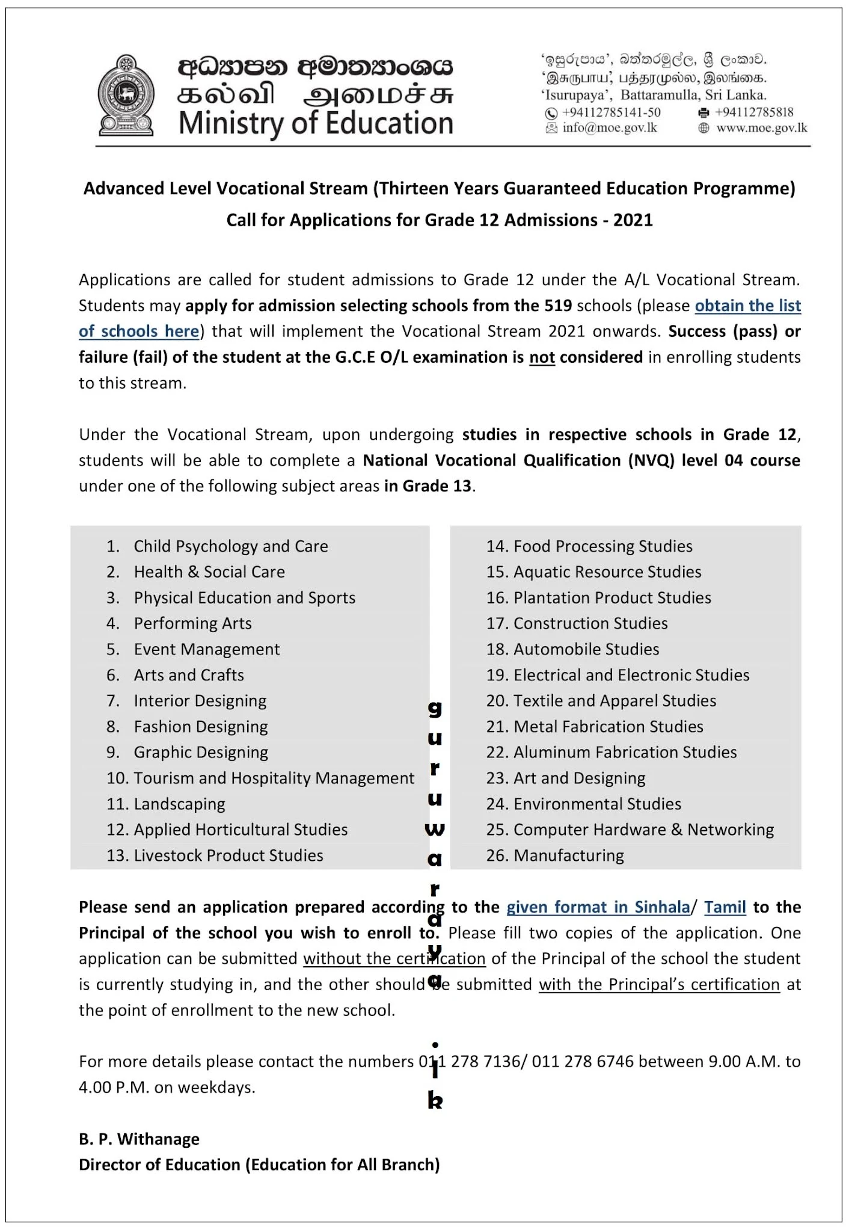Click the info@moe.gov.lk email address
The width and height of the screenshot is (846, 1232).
click(x=609, y=128)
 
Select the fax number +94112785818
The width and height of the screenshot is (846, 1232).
click(x=754, y=112)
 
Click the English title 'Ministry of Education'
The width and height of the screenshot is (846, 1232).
click(x=316, y=123)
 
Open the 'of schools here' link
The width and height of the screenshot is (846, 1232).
click(x=139, y=332)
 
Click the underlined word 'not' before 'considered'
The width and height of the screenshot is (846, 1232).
click(x=542, y=358)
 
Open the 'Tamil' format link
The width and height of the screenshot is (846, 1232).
click(x=725, y=908)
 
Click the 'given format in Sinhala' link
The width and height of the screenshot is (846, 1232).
click(x=598, y=908)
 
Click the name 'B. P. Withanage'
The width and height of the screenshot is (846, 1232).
click(x=139, y=1139)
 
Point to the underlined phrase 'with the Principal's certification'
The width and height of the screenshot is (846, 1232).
click(x=659, y=985)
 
